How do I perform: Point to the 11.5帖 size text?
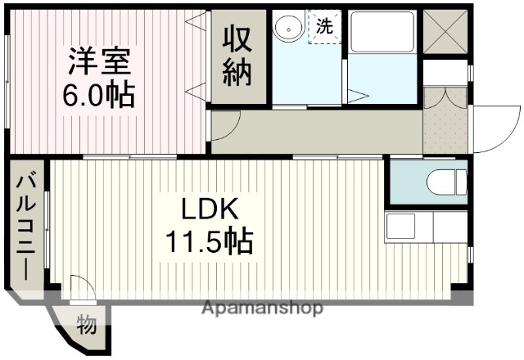(x=210, y=241)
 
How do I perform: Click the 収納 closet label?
(x=238, y=56)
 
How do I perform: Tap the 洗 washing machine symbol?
(x=325, y=25)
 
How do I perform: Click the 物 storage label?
(x=86, y=324)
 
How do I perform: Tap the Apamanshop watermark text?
(x=261, y=308)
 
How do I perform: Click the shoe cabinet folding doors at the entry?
(x=445, y=97)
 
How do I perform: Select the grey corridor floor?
(x=327, y=129)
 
